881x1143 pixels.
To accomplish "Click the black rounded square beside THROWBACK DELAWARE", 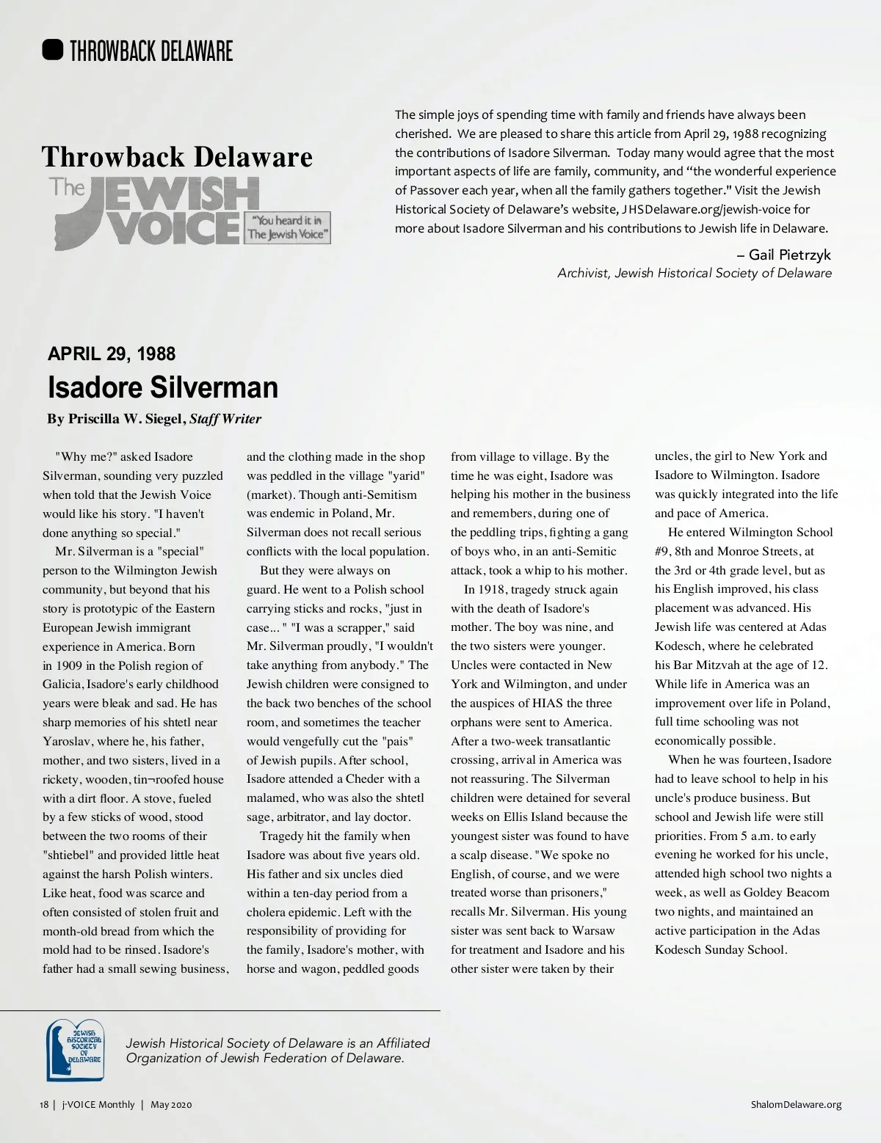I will point(53,50).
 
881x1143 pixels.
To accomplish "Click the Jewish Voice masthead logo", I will point(154,213).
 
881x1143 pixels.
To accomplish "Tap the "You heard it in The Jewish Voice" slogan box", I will point(288,227).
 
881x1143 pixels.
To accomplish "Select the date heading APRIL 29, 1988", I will point(112,354).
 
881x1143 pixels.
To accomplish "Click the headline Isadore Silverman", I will point(163,387).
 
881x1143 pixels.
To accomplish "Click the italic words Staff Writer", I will point(225,419).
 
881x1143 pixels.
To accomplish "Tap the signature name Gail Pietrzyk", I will point(790,255).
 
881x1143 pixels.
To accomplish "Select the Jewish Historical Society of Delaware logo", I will point(76,1050).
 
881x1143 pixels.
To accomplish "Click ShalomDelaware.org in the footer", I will point(797,1105).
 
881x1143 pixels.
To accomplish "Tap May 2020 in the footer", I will point(171,1105).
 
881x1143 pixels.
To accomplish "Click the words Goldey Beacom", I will point(786,892).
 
